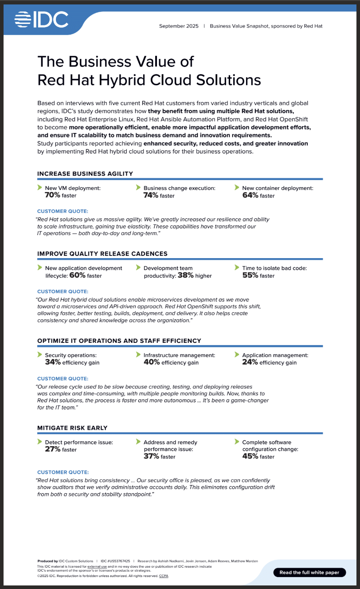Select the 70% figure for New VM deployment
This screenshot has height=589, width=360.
[52, 195]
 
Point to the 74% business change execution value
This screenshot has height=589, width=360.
[151, 195]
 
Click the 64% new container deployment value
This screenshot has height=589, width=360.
[250, 195]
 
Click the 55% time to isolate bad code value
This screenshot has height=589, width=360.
[250, 275]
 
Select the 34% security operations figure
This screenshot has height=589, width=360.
[52, 362]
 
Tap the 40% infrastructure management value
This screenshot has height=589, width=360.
[151, 362]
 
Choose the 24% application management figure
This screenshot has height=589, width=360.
[250, 362]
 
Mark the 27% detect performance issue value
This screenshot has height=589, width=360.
[52, 449]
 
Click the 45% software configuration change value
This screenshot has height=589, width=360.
[250, 456]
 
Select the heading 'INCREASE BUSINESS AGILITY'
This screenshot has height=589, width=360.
[85, 174]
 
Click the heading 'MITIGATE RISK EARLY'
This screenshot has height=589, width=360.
[72, 428]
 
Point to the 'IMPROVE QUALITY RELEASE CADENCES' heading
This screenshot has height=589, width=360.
[102, 254]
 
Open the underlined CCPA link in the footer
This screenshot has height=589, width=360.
[164, 576]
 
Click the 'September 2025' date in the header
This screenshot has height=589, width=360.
[179, 26]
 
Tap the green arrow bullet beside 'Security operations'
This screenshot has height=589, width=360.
[40, 355]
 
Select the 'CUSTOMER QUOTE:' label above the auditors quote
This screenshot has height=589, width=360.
[63, 472]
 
